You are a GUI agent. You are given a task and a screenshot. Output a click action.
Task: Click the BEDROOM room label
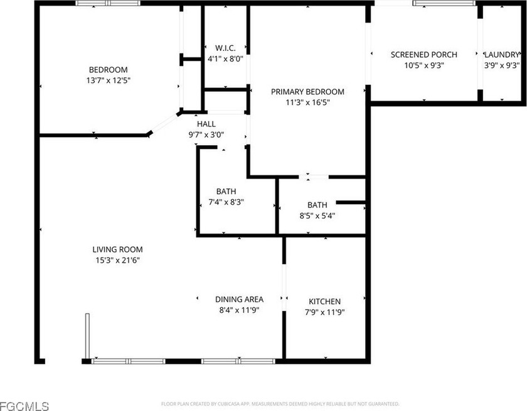click(108, 70)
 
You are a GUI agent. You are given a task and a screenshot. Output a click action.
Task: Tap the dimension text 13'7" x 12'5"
click(108, 80)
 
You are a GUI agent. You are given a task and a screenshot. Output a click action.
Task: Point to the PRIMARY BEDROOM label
click(307, 92)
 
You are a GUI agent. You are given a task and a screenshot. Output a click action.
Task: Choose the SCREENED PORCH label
click(423, 55)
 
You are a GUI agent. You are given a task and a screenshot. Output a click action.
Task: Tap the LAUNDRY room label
click(502, 55)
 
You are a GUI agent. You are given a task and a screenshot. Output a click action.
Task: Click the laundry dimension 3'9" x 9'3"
click(502, 65)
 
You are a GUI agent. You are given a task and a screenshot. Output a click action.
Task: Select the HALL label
click(206, 124)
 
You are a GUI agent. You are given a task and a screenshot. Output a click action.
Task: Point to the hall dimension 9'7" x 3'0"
click(206, 134)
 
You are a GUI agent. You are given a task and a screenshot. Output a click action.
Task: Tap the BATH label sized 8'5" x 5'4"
click(317, 205)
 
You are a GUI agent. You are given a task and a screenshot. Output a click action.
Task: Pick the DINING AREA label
click(239, 300)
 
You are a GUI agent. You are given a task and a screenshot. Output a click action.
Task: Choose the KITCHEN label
click(324, 302)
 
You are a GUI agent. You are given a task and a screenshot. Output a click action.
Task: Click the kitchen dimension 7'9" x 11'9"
click(324, 312)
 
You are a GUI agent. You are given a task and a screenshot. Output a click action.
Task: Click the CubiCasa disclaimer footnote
click(280, 403)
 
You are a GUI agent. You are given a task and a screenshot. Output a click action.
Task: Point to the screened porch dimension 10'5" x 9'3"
click(423, 65)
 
